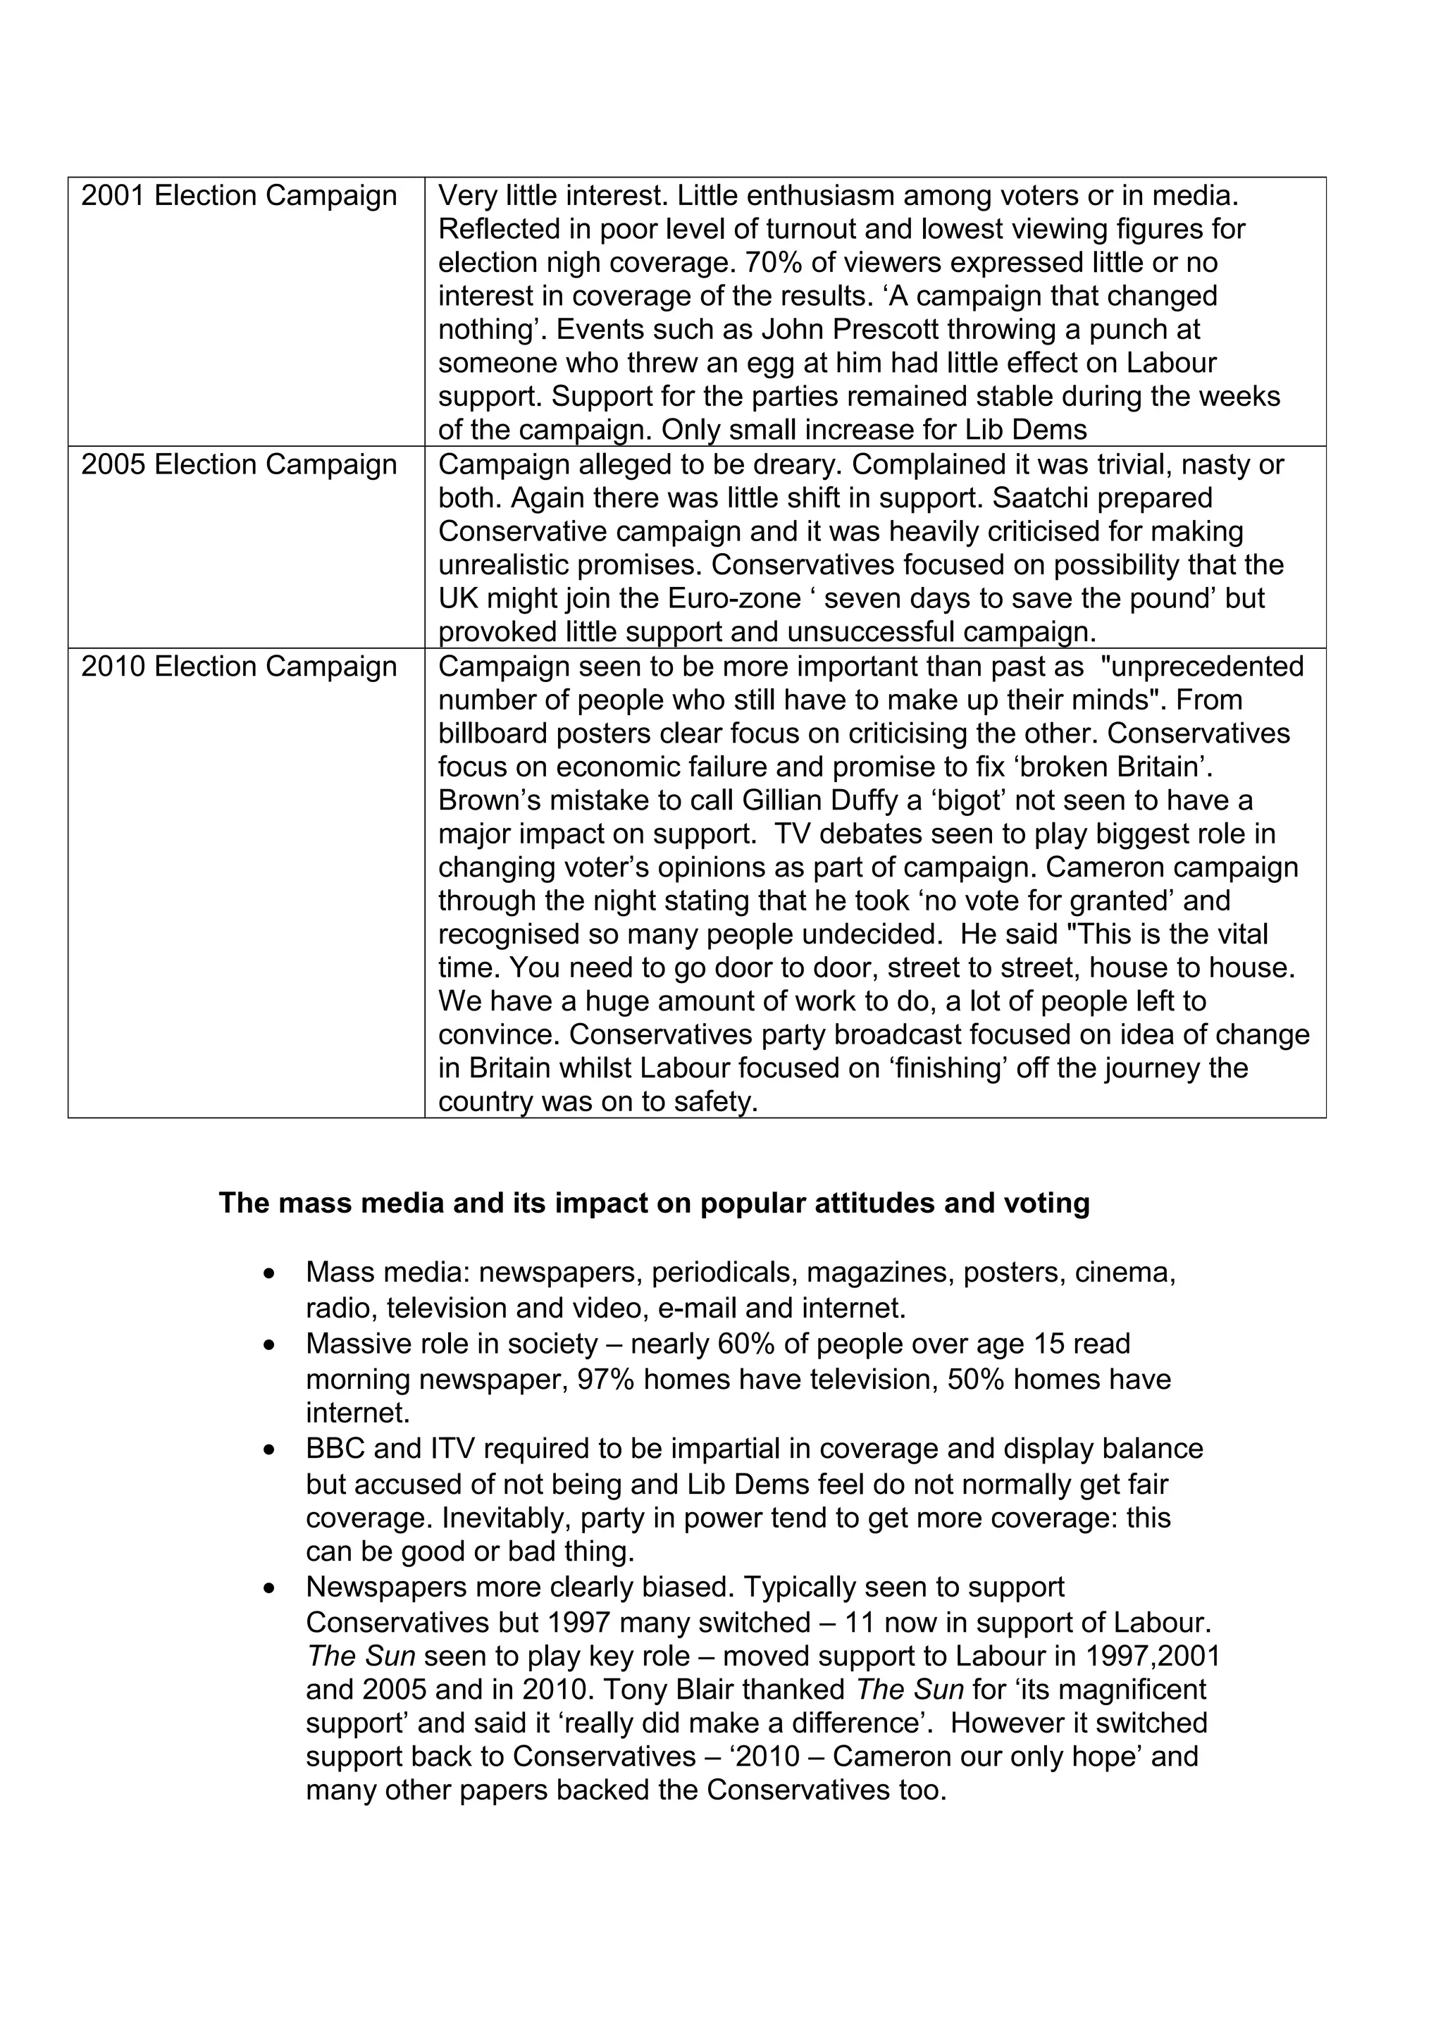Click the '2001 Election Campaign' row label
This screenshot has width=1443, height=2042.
tap(238, 196)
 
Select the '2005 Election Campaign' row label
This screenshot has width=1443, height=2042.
tap(238, 464)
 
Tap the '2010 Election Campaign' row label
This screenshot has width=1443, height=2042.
tap(238, 666)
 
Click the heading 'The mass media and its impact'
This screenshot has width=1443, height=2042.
tap(653, 1203)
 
